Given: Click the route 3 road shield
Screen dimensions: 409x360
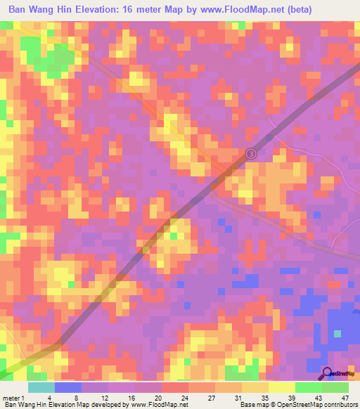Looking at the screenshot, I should (252, 154).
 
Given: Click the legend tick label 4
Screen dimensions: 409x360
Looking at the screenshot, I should (49, 398).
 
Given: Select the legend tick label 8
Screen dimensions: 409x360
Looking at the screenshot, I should (76, 398).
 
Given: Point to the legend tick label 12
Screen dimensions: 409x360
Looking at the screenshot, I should (103, 398).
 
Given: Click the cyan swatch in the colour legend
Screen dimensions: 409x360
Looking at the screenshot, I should (41, 387).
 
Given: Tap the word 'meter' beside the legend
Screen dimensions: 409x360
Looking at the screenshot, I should (11, 398).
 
